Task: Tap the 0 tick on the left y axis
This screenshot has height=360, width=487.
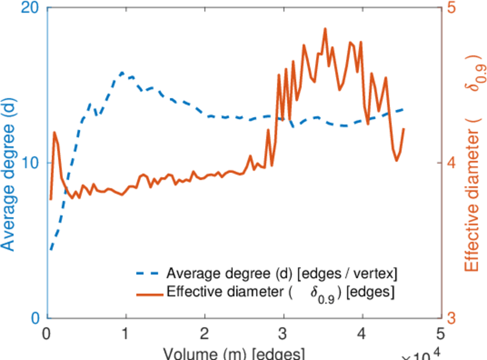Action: click(35, 317)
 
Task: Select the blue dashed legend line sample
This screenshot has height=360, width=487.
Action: click(148, 274)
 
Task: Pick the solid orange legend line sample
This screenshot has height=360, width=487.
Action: click(148, 293)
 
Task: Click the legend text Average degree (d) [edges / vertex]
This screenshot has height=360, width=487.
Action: click(282, 274)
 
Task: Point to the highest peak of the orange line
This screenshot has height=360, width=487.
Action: click(325, 28)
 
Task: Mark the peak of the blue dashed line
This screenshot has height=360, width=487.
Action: click(122, 73)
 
